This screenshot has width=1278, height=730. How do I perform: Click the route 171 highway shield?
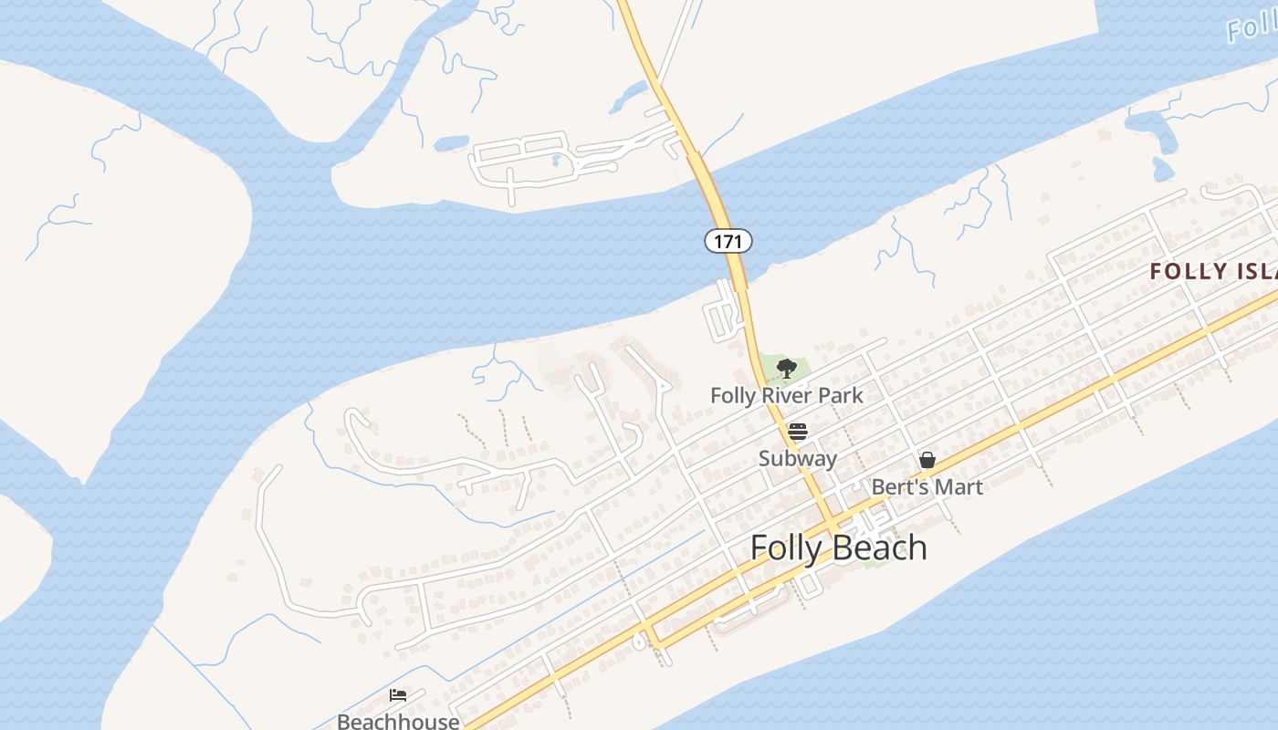[x=728, y=241]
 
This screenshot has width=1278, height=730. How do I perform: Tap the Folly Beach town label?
[x=838, y=547]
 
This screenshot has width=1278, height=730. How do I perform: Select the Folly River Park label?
[x=786, y=396]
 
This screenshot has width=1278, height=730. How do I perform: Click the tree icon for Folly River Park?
[x=786, y=368]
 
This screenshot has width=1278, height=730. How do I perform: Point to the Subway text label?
[x=797, y=458]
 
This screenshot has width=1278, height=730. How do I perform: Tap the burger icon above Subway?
[x=798, y=431]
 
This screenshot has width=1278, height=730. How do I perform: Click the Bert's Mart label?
[x=927, y=486]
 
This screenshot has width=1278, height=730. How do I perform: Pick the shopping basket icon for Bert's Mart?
[x=927, y=460]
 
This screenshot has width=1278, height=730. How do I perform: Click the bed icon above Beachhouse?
[x=398, y=695]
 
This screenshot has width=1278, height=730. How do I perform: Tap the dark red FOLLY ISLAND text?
[x=1213, y=271]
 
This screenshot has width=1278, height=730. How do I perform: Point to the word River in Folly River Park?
[x=790, y=396]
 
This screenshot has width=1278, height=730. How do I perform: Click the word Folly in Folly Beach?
[x=783, y=547]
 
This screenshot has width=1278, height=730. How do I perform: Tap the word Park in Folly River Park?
[x=841, y=396]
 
